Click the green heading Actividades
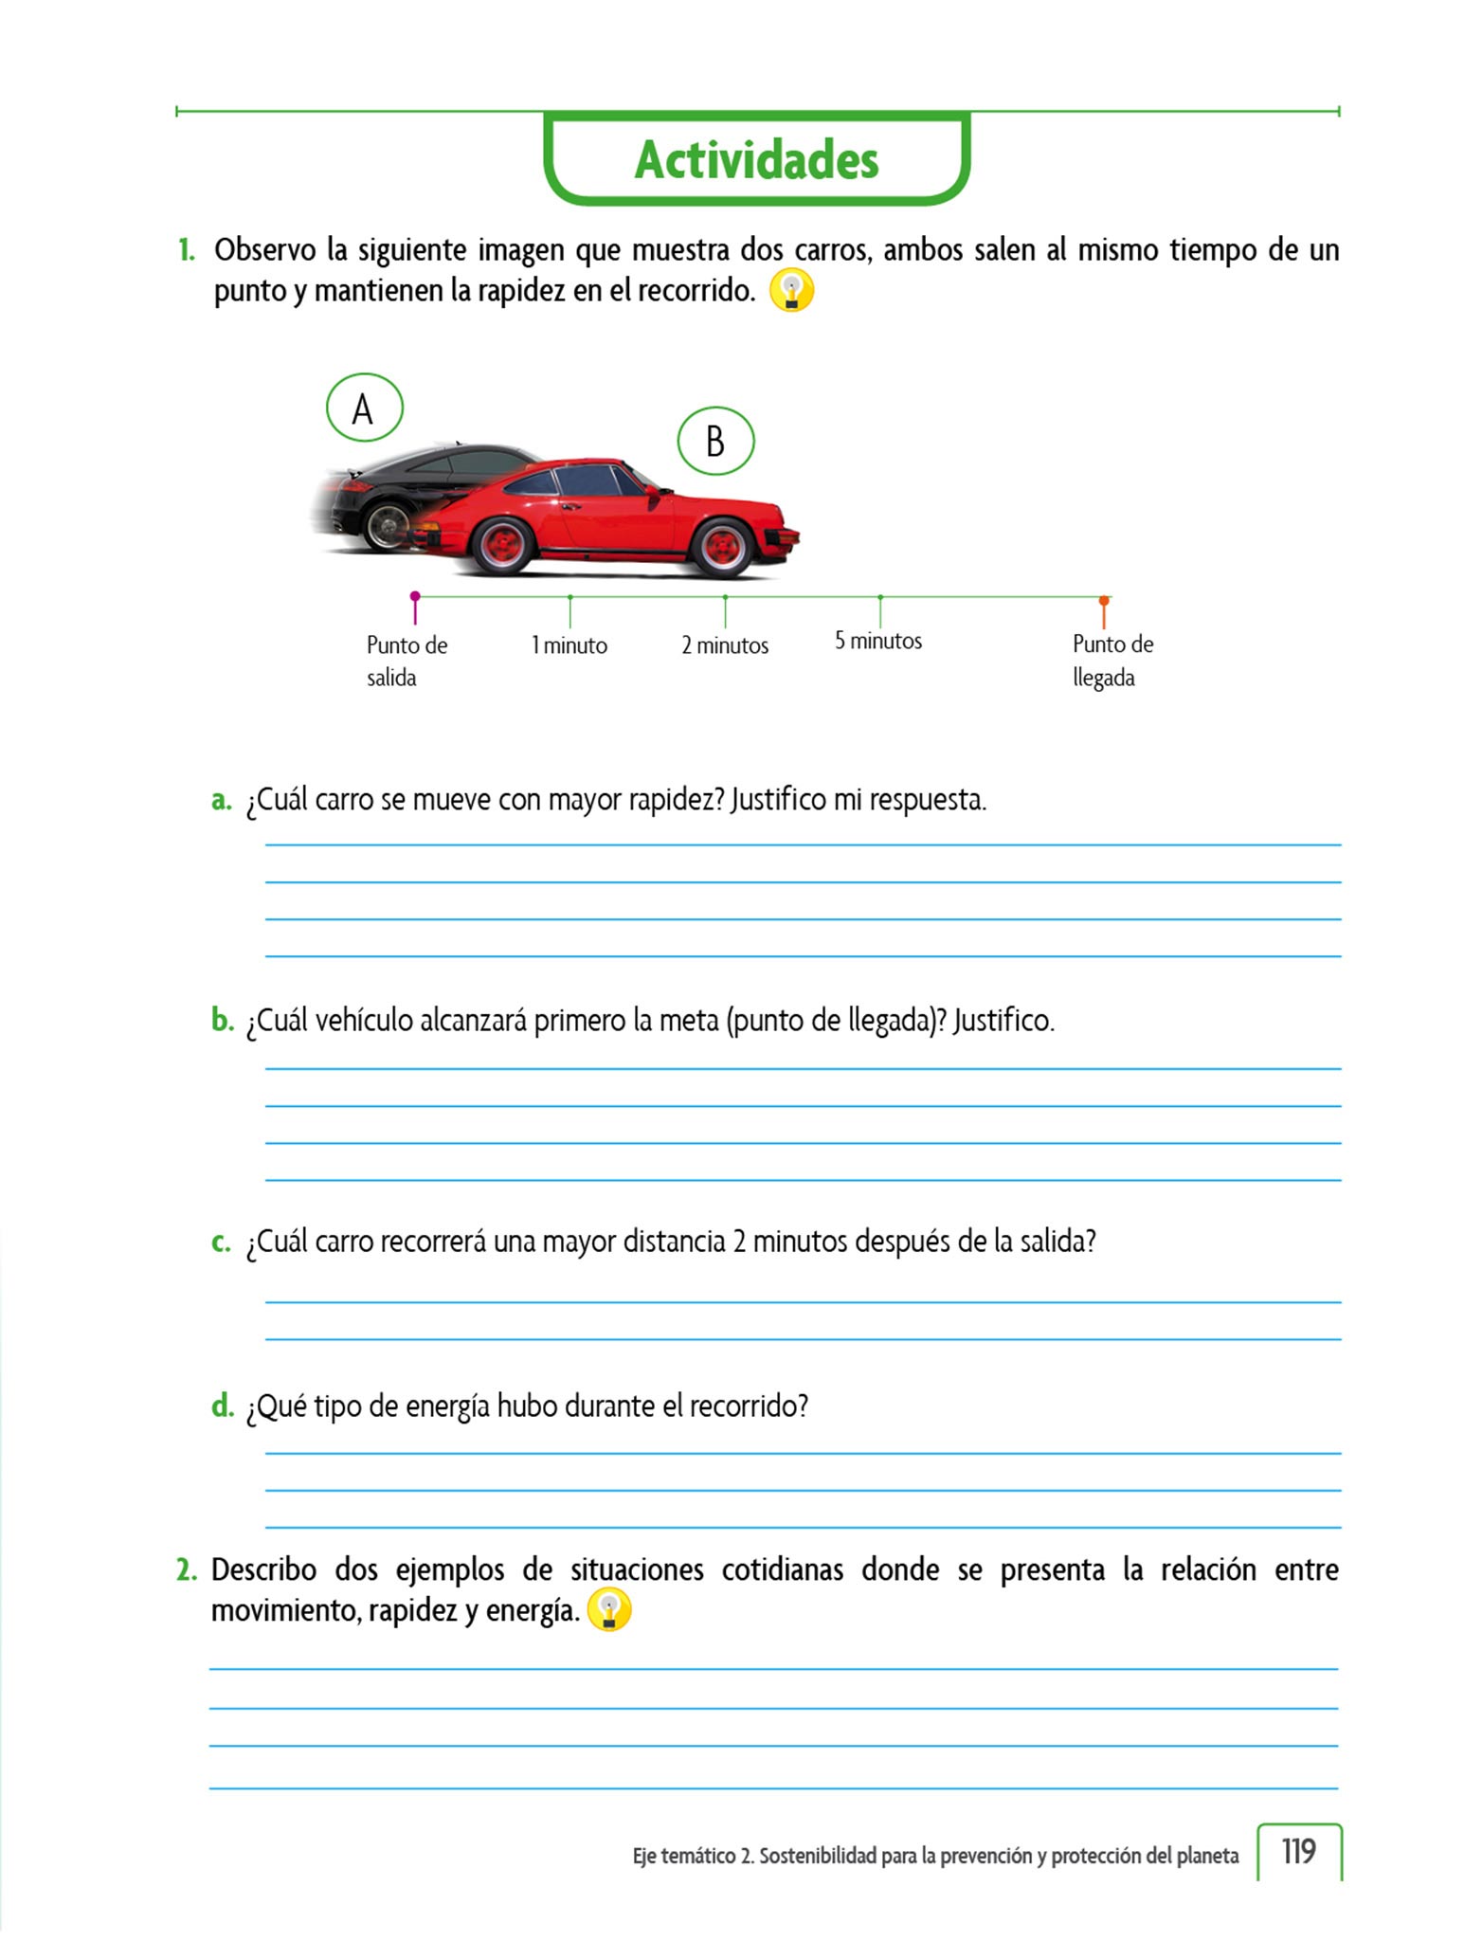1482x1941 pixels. [756, 159]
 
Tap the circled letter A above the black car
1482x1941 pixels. [364, 408]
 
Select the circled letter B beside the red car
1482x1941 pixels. [715, 442]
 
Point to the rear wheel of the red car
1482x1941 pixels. [502, 545]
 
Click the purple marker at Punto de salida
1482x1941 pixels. [415, 597]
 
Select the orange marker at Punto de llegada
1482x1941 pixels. [1104, 602]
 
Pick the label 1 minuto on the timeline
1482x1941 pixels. [569, 645]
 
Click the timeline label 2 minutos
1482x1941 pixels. [725, 645]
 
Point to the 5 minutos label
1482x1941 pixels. [878, 642]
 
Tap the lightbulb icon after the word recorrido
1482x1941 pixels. [791, 291]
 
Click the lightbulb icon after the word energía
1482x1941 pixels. [609, 1610]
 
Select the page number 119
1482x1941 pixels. [1298, 1851]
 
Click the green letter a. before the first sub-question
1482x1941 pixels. [221, 800]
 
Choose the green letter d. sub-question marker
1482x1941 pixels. [222, 1406]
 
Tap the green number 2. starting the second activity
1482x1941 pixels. [186, 1570]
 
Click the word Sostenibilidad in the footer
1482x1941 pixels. [817, 1856]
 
